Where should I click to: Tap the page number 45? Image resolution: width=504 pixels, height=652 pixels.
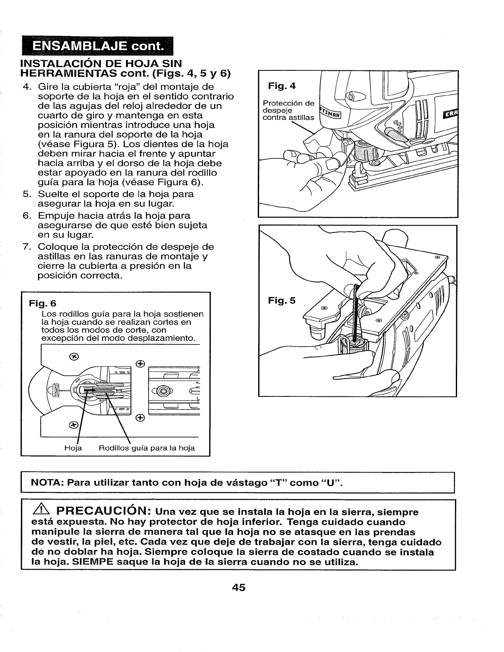coord(238,587)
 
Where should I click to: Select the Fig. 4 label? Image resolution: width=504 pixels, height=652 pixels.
coord(282,86)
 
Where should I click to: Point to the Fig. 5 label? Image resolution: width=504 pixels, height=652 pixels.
coord(282,300)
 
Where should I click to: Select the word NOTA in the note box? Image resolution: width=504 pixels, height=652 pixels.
coord(46,482)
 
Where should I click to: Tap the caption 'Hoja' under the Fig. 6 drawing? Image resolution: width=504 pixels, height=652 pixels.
coord(73,448)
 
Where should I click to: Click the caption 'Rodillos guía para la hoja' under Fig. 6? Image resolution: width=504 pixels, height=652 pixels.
coord(146,448)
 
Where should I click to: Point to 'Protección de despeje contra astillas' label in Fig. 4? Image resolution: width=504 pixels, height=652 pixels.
coord(288,110)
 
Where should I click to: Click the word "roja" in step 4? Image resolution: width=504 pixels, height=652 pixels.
coord(128,87)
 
